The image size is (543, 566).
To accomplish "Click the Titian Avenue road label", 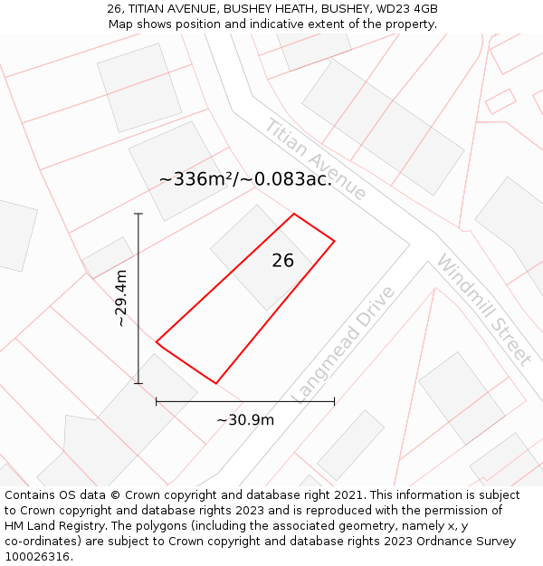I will pyautogui.click(x=315, y=159).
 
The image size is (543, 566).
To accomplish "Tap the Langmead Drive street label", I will pyautogui.click(x=344, y=344).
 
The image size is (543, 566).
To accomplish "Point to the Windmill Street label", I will pyautogui.click(x=483, y=309).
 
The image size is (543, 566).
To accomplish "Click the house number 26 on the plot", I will pyautogui.click(x=282, y=261).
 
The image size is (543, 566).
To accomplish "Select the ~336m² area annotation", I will pyautogui.click(x=245, y=179).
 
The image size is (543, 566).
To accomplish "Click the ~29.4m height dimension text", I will pyautogui.click(x=121, y=298).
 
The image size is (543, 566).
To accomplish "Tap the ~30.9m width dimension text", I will pyautogui.click(x=245, y=419).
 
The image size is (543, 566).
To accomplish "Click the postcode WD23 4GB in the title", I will pyautogui.click(x=405, y=9).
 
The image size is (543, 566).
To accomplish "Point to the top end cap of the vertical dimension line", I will pyautogui.click(x=138, y=214).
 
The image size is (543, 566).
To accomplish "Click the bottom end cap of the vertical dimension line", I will pyautogui.click(x=138, y=383).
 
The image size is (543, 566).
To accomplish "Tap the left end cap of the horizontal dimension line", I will pyautogui.click(x=157, y=400).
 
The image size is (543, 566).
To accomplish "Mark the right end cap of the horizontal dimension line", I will pyautogui.click(x=335, y=400).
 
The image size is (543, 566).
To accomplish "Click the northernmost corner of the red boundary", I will pyautogui.click(x=294, y=214).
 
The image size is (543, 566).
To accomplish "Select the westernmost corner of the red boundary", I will pyautogui.click(x=157, y=342).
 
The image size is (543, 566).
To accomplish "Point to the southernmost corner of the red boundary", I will pyautogui.click(x=215, y=383).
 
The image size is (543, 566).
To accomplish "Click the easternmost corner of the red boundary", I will pyautogui.click(x=335, y=241).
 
